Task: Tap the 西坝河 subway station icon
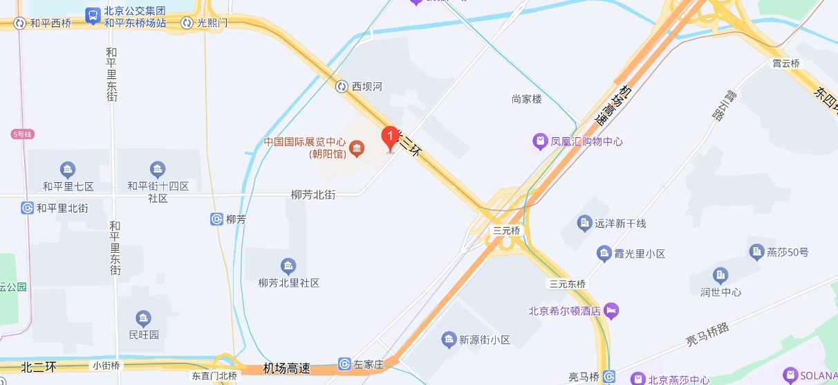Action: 342,87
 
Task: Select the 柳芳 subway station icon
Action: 216,220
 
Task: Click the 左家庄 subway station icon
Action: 344,364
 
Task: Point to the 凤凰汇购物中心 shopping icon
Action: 539,141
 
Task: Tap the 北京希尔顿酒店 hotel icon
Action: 611,311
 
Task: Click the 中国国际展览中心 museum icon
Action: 357,147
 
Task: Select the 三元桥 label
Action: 505,230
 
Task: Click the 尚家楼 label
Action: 527,99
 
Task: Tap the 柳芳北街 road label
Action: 313,195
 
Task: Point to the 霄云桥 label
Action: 786,64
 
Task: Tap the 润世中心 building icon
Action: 720,276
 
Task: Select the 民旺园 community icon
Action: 144,319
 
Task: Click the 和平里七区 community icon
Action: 68,170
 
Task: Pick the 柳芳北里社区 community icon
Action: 288,267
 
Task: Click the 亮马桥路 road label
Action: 707,336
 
